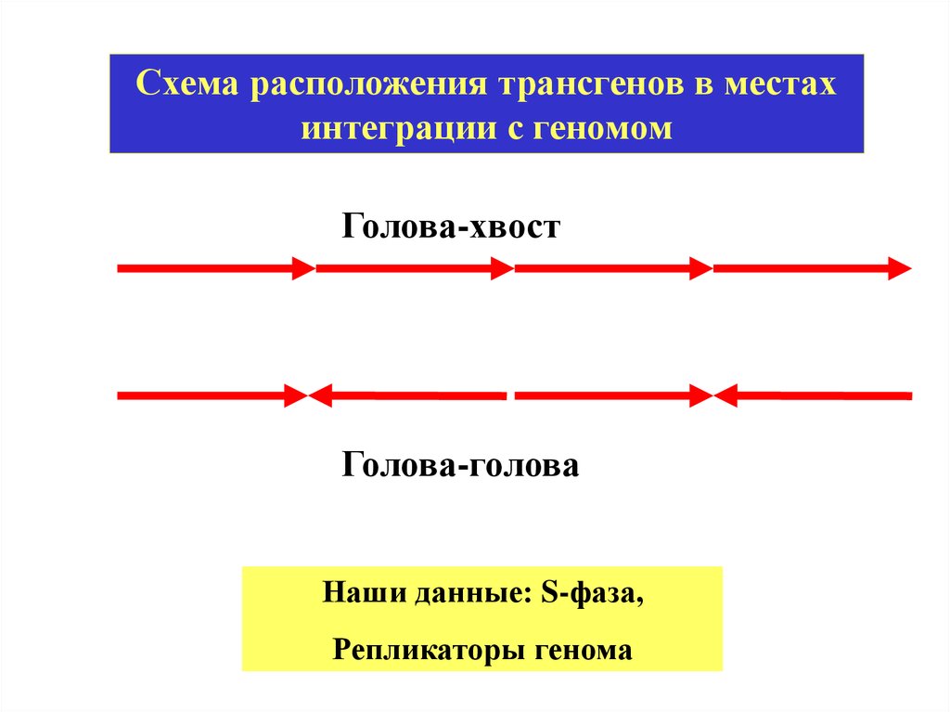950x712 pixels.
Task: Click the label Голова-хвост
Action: pos(452,227)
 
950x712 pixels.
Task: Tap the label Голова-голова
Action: pos(460,464)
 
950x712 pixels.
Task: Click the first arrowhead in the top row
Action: pos(303,269)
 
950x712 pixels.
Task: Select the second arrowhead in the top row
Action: pos(502,269)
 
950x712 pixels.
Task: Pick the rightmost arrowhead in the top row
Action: pos(899,269)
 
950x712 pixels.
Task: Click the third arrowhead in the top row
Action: pos(700,269)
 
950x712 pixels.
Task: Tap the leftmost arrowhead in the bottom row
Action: pos(295,396)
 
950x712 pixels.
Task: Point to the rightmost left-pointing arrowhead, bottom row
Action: pos(726,396)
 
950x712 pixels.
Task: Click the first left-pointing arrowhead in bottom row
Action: pos(321,396)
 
